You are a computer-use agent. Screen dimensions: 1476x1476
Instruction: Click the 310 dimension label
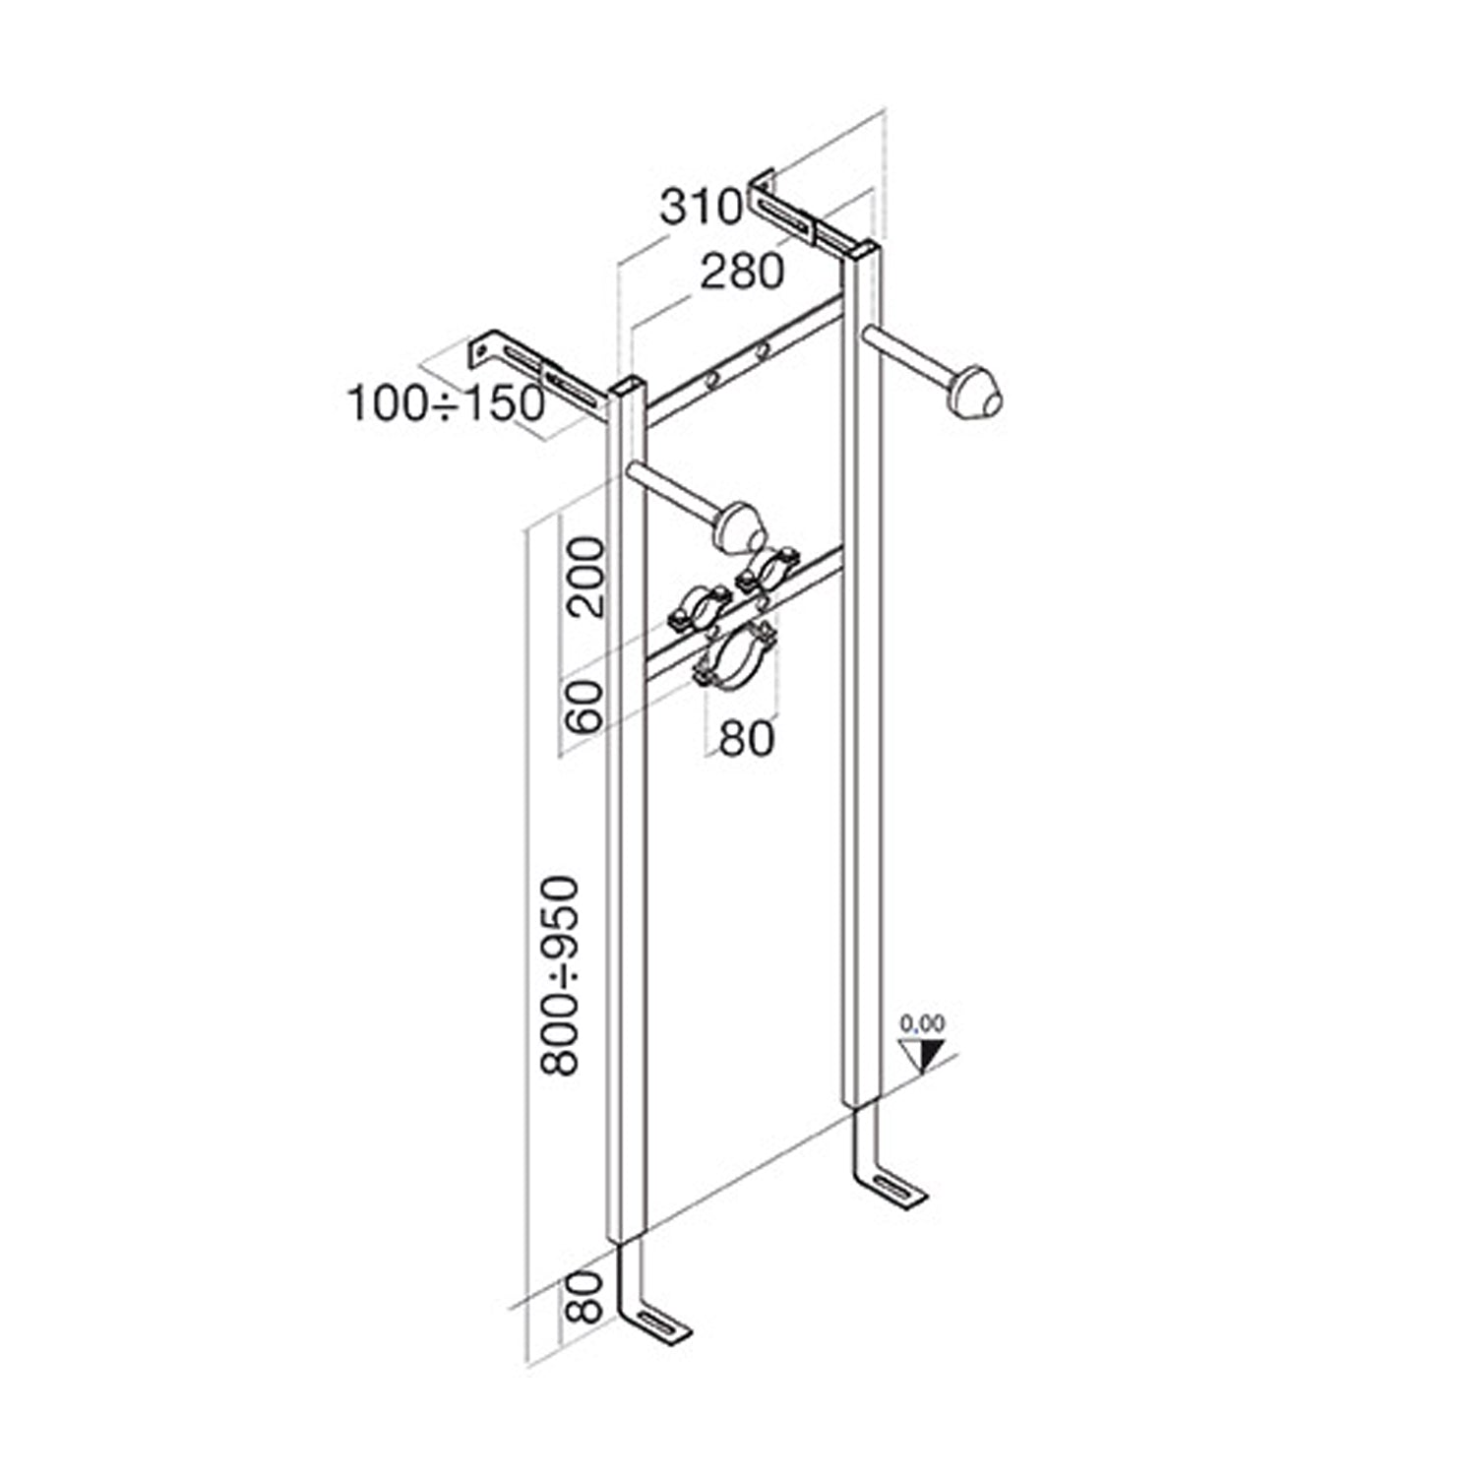700,208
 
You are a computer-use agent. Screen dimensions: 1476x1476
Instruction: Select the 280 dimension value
742,272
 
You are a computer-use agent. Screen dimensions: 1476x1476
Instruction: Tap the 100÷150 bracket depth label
446,403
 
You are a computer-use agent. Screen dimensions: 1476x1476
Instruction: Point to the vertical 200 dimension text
587,577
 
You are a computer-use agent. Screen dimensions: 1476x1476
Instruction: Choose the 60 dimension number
587,707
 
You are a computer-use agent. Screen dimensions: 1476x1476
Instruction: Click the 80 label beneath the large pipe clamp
747,738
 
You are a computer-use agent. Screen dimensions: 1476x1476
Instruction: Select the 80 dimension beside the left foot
585,1296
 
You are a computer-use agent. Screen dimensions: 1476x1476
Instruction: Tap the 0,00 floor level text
922,1024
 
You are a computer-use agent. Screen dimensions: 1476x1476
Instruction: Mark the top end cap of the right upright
861,250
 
